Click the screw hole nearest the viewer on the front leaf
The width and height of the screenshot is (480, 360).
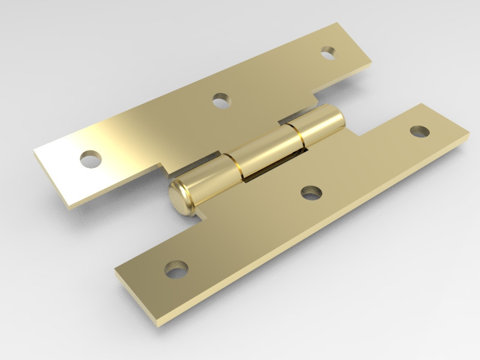[176, 269]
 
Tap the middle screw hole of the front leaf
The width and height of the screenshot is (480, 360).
[310, 193]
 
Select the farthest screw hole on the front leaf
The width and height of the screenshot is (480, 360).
[418, 131]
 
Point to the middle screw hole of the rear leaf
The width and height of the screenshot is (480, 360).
[221, 99]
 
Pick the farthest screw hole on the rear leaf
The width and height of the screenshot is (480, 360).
[327, 53]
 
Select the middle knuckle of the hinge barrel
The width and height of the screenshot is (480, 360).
[267, 154]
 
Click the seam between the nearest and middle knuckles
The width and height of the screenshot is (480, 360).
[236, 168]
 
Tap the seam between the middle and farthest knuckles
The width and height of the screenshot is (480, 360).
[298, 136]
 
